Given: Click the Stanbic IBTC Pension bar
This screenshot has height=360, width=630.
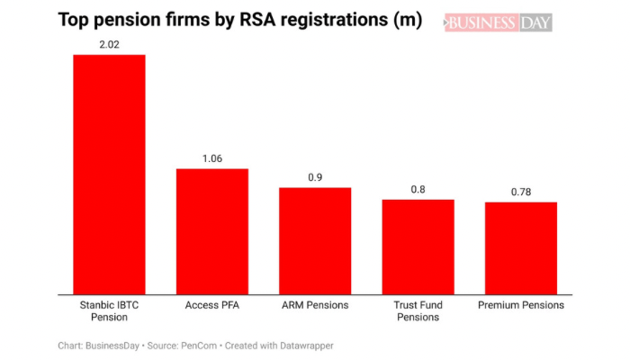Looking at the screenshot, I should click(109, 174).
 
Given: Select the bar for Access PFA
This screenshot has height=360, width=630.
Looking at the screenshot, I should click(211, 230).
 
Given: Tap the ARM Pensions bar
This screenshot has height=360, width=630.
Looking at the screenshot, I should click(315, 240).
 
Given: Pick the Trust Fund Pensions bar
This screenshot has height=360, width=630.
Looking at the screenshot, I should click(418, 246).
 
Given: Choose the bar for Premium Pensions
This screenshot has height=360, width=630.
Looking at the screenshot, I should click(521, 247).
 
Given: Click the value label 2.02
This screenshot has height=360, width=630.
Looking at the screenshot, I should click(109, 42).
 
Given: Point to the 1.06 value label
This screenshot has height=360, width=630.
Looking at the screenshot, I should click(211, 157).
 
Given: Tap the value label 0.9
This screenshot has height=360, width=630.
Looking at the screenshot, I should click(315, 177).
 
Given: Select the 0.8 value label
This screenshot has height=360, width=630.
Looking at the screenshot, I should click(418, 189).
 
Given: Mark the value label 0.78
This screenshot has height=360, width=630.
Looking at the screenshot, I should click(521, 192).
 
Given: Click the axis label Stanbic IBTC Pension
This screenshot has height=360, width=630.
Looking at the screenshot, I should click(109, 310).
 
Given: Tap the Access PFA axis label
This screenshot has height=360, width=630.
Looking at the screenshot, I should click(211, 305).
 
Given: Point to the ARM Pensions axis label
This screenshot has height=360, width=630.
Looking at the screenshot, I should click(315, 305).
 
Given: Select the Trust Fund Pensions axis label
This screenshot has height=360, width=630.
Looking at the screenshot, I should click(418, 310).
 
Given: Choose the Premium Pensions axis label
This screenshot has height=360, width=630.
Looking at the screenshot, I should click(521, 305).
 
